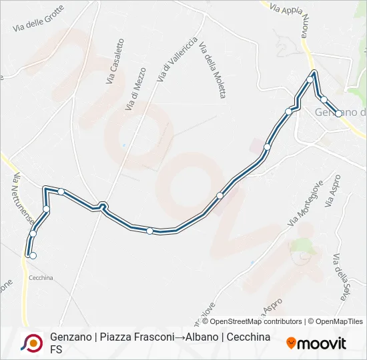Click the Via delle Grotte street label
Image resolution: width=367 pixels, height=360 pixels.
coord(39,19)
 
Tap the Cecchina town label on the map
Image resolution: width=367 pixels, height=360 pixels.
coord(41,277)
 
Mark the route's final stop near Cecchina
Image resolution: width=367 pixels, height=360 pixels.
coord(32,255)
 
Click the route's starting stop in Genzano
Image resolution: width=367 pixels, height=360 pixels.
coord(339,113)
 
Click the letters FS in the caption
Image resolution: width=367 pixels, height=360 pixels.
coord(56,349)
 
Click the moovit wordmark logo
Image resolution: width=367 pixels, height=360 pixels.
coord(316,343)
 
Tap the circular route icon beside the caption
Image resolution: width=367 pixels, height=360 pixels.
coord(31,343)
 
